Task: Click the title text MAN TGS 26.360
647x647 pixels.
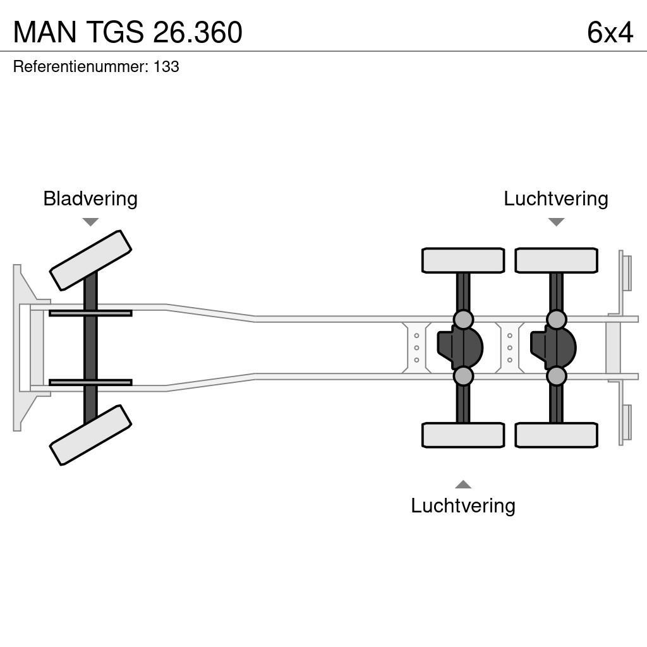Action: [128, 32]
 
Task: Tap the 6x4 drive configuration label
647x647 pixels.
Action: [609, 32]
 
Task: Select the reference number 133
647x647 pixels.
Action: [166, 67]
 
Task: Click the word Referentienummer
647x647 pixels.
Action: [80, 67]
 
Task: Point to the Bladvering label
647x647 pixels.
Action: [90, 198]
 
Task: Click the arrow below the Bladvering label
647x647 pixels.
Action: [90, 222]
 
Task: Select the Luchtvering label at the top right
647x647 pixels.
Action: [555, 198]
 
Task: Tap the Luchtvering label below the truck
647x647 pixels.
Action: [463, 505]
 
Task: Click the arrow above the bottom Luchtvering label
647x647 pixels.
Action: [463, 485]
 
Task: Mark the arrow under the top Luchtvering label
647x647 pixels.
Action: [556, 222]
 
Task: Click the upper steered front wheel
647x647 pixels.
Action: [90, 260]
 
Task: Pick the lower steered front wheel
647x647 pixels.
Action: [90, 435]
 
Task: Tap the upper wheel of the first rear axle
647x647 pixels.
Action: [463, 260]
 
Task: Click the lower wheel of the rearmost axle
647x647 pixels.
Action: [556, 435]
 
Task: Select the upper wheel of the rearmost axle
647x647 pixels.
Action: [556, 260]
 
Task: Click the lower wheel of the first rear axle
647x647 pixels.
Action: [463, 435]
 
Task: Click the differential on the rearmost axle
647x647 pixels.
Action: [553, 348]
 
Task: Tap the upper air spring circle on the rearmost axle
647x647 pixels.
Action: [556, 319]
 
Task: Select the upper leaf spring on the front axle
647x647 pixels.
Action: [90, 313]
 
